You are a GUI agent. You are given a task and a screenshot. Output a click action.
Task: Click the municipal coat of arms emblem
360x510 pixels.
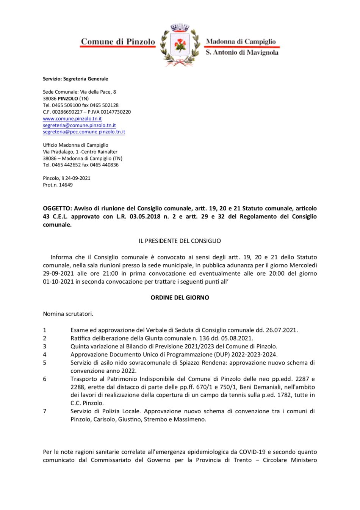(180, 45)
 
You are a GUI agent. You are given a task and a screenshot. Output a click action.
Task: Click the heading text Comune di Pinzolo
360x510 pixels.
(118, 42)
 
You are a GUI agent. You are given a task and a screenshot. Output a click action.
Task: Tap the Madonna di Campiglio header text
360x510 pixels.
(241, 41)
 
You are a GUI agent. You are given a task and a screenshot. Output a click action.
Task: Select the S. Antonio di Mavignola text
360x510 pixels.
(242, 52)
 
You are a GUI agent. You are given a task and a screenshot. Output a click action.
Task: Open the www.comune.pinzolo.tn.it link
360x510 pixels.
(72, 119)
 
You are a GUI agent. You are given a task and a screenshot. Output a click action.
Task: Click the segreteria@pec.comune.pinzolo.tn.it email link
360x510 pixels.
(84, 132)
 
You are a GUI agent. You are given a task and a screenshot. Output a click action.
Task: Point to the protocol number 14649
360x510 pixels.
(66, 185)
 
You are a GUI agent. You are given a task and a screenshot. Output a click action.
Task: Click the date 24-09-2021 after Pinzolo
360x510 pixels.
(78, 178)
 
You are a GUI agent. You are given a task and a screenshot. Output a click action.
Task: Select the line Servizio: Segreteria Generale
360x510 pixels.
(75, 79)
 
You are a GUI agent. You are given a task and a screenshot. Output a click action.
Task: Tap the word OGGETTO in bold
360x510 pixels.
(57, 208)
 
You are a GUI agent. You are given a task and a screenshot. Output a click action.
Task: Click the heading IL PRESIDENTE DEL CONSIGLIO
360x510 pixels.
(180, 241)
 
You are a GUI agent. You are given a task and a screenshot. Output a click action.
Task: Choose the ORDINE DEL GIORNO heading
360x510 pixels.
(180, 298)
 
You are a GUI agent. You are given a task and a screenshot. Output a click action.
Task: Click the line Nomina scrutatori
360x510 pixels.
(68, 314)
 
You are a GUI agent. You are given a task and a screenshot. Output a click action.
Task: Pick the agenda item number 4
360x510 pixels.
(45, 355)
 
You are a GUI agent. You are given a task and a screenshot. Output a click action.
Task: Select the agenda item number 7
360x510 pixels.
(45, 411)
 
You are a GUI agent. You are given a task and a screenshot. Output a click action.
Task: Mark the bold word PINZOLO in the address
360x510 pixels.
(68, 99)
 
